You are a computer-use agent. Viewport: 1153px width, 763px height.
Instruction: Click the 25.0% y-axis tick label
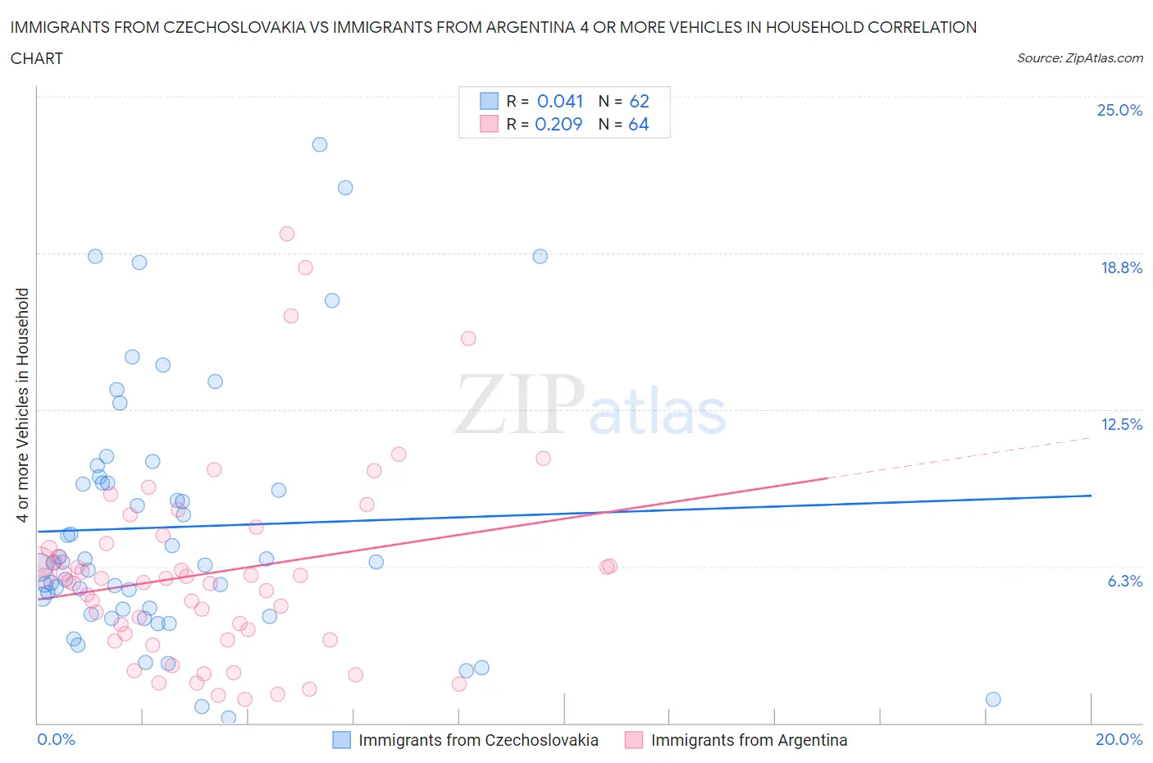click(x=1119, y=110)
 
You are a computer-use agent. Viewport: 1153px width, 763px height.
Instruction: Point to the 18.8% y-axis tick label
click(x=1121, y=267)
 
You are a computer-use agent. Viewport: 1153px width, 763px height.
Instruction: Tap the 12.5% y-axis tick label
click(x=1121, y=424)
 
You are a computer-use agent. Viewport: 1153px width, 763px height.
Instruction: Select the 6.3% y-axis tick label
click(x=1124, y=581)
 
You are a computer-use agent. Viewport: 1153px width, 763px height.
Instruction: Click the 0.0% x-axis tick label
click(x=56, y=739)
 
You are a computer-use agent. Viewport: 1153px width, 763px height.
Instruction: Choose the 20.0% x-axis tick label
click(x=1119, y=739)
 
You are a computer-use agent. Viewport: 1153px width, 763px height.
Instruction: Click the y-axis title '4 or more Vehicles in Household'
click(x=23, y=404)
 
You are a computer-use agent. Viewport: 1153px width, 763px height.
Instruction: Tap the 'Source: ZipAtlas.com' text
click(x=1079, y=58)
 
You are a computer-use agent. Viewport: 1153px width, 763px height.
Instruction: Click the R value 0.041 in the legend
click(x=559, y=101)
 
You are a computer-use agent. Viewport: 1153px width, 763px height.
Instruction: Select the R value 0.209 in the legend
click(x=558, y=124)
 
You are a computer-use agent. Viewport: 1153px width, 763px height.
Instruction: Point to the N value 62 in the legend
click(x=639, y=101)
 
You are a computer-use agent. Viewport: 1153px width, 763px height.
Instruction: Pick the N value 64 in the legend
click(x=638, y=124)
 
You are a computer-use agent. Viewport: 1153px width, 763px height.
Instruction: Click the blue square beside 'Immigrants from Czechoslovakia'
click(x=341, y=740)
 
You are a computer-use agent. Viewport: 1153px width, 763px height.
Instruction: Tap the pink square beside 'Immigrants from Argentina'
click(x=633, y=740)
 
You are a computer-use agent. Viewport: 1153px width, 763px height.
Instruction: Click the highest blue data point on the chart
click(x=320, y=144)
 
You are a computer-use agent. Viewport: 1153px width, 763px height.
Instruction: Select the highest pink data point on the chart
click(x=287, y=234)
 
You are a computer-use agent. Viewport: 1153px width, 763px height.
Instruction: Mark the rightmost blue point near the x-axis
click(x=993, y=699)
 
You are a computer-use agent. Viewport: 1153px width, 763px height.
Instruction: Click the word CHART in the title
click(x=37, y=58)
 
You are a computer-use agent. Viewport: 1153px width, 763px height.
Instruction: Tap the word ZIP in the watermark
click(x=520, y=404)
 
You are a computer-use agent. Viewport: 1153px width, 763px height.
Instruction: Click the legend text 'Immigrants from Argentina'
click(x=749, y=740)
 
